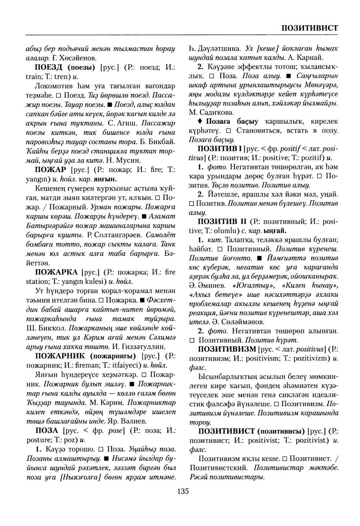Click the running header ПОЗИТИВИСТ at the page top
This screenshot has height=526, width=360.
point(309,28)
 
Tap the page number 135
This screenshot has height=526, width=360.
point(183,491)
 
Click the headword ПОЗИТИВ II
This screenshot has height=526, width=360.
point(222,221)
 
